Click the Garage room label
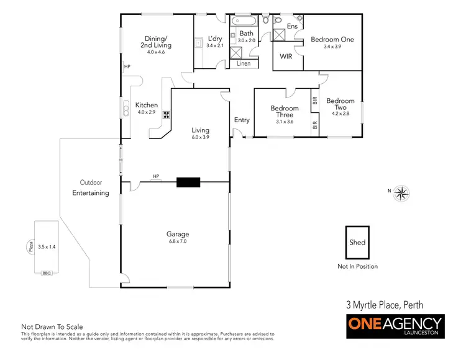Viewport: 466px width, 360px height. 177,234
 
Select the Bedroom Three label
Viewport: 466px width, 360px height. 285,111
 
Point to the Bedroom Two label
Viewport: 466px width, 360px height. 340,104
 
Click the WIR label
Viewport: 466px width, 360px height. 286,56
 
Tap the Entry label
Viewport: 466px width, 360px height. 242,120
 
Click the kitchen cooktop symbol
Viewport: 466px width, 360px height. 167,114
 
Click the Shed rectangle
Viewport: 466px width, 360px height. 357,243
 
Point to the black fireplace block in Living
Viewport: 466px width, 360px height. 188,182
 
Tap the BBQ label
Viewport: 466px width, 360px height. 46,273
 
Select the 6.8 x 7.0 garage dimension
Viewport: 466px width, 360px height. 177,241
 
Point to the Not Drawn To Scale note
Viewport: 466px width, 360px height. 52,326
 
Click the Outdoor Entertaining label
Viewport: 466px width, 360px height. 91,187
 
